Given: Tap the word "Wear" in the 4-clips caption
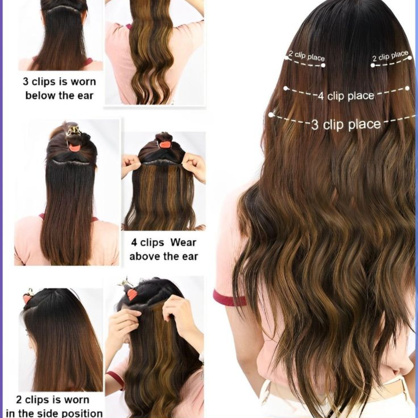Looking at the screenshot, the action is pyautogui.click(x=183, y=242).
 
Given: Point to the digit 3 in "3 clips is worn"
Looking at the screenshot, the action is pyautogui.click(x=26, y=82).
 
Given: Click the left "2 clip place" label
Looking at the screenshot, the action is pyautogui.click(x=307, y=56).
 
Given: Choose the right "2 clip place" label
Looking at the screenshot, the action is pyautogui.click(x=390, y=56).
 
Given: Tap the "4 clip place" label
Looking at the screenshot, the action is pyautogui.click(x=346, y=96).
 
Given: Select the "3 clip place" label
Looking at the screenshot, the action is pyautogui.click(x=346, y=125).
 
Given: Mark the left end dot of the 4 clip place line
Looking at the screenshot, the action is pyautogui.click(x=286, y=88).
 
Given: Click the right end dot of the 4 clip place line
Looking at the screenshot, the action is pyautogui.click(x=407, y=88).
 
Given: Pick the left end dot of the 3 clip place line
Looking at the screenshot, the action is pyautogui.click(x=271, y=115).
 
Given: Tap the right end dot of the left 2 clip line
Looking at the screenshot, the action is pyautogui.click(x=323, y=65).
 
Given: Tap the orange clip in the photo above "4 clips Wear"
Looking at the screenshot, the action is pyautogui.click(x=166, y=144).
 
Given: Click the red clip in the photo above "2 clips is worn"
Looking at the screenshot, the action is pyautogui.click(x=27, y=299).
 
